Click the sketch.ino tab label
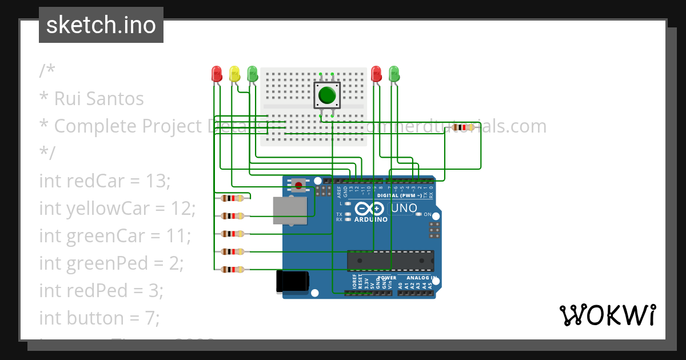(x=101, y=25)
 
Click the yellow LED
(x=234, y=74)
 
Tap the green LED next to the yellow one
(x=252, y=74)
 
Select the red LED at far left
(x=217, y=74)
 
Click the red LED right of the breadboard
(x=376, y=74)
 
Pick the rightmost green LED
(x=394, y=74)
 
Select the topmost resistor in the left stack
(x=232, y=198)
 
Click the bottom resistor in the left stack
(x=232, y=269)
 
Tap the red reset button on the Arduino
(x=298, y=184)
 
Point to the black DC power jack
(x=292, y=282)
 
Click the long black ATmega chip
(x=390, y=261)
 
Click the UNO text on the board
(x=404, y=209)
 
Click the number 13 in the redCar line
(x=157, y=181)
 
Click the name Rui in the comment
(x=67, y=99)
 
